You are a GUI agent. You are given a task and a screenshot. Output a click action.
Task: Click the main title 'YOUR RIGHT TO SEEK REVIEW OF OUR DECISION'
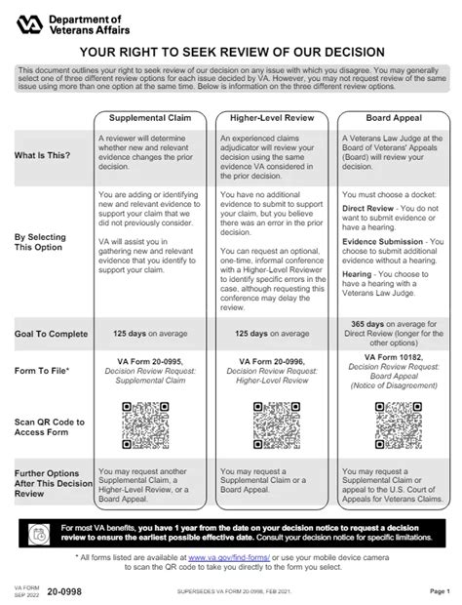click(230, 56)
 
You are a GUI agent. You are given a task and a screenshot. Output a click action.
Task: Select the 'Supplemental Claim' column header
click(148, 118)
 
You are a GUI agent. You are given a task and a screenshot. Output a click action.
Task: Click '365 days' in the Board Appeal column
click(372, 323)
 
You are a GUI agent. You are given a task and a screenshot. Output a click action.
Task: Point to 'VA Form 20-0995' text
click(148, 361)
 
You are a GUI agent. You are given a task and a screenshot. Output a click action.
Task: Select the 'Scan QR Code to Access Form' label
click(48, 428)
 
